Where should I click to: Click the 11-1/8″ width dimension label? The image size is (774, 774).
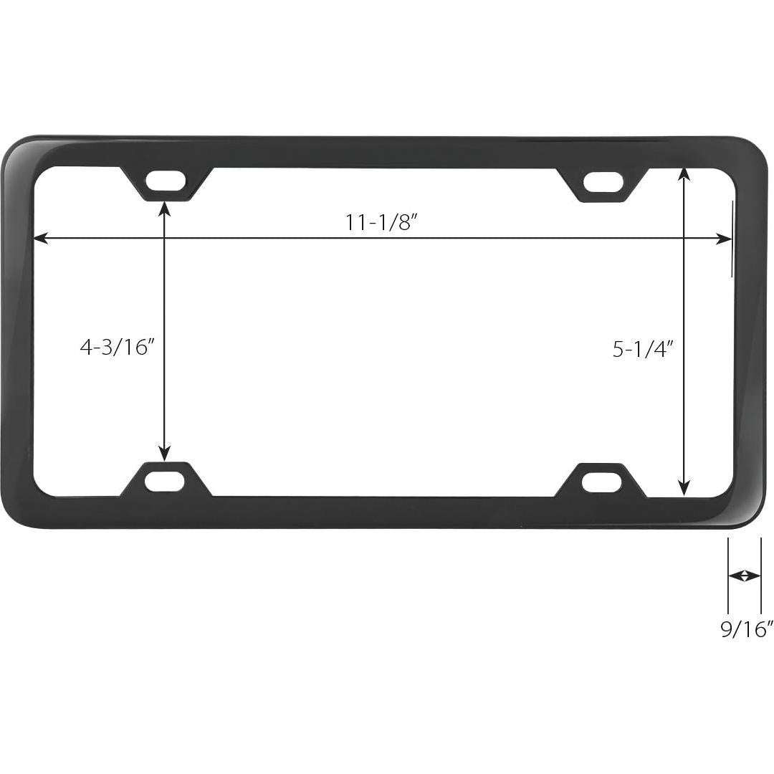point(381,222)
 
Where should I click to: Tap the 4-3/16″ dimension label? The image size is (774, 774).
point(118,348)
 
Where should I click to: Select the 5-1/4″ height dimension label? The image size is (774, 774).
point(644,349)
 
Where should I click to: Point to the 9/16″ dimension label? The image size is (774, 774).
point(747,629)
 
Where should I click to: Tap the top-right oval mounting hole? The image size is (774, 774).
point(603,183)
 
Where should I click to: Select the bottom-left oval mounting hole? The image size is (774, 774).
point(165,481)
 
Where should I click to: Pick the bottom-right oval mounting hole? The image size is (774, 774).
point(601,482)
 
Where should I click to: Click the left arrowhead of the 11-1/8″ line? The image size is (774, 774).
point(40,239)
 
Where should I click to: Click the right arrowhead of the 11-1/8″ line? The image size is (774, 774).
point(724,239)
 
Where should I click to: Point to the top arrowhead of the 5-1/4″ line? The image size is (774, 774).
point(684,173)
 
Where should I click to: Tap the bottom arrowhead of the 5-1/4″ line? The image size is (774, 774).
point(684,489)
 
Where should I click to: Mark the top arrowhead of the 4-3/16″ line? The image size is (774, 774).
point(165,208)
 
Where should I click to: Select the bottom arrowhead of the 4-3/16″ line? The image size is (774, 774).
point(165,454)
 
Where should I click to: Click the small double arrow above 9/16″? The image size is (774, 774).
point(744,575)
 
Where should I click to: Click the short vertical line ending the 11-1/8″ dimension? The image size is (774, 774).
point(732,239)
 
